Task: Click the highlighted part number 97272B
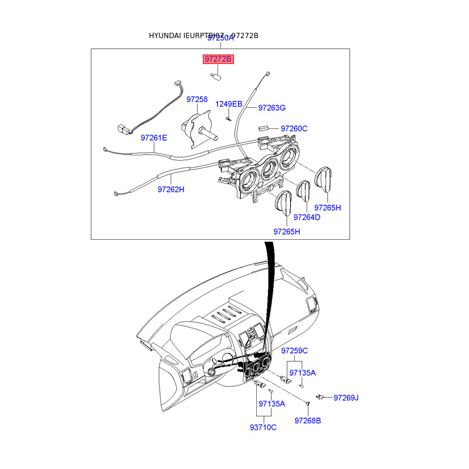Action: pos(218,59)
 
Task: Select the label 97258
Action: pos(197,100)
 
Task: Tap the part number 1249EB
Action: pos(229,104)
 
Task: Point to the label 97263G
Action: pos(272,108)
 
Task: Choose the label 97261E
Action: pos(154,138)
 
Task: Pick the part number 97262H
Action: pos(171,189)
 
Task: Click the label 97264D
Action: pos(307,217)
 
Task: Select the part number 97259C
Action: pos(294,351)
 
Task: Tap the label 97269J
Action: pos(346,398)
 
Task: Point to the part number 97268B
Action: pos(308,420)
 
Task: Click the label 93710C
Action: pos(263,427)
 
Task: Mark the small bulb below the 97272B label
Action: pos(215,76)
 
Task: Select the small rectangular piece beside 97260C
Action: pos(263,128)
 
